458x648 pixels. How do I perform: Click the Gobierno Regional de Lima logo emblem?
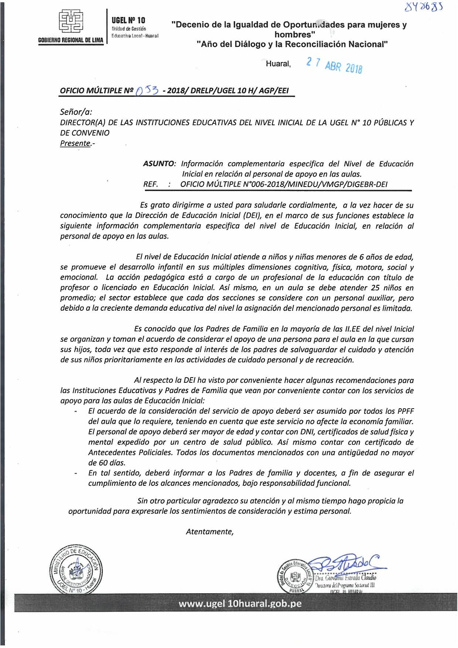tap(71, 22)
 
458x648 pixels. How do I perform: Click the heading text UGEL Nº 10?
tap(128, 20)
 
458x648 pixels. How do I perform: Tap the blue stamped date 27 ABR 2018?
tap(334, 65)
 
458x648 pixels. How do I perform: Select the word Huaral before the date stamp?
tap(278, 64)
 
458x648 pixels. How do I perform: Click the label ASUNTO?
tap(159, 164)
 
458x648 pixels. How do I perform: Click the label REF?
tap(151, 184)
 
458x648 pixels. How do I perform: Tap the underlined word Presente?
tap(75, 143)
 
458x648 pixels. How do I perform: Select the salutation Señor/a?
tap(76, 112)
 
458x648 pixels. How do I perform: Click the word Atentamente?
tap(209, 532)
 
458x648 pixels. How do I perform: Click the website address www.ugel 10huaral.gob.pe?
tap(240, 603)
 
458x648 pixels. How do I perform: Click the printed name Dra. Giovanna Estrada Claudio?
tap(345, 577)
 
